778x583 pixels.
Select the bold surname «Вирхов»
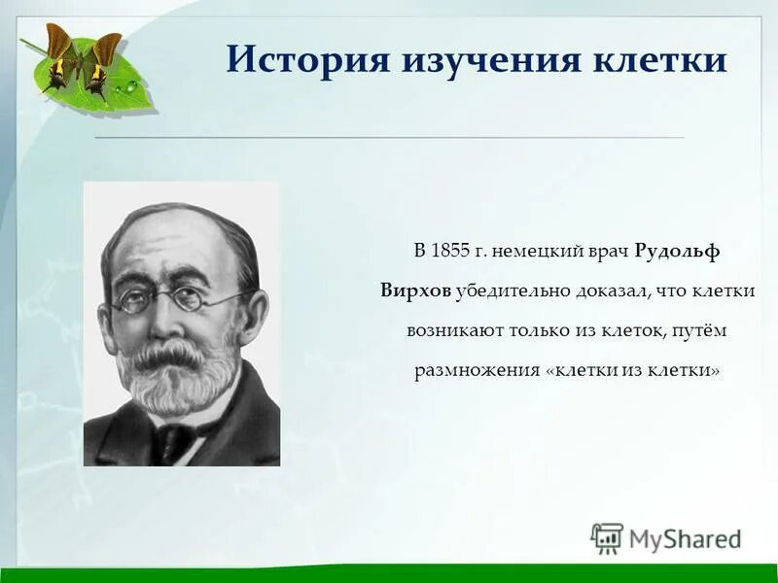[x=415, y=291]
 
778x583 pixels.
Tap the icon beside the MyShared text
[x=607, y=538]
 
